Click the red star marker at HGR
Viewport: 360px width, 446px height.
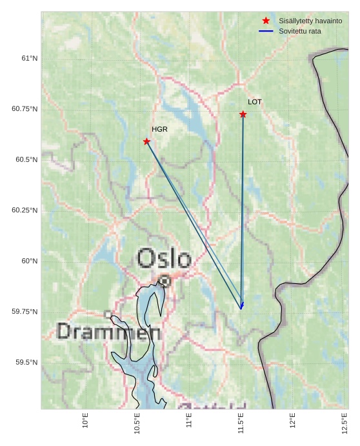[x=146, y=141]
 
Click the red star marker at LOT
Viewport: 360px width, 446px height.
[x=243, y=114]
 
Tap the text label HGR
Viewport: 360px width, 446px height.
[x=159, y=129]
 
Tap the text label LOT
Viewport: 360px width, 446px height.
[x=255, y=102]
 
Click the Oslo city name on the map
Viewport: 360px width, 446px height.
[x=164, y=259]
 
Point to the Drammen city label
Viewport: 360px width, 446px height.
[x=108, y=332]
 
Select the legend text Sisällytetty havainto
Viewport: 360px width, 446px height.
[x=310, y=21]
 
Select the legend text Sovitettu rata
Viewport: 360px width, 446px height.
[x=300, y=31]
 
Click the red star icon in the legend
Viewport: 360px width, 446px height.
[x=266, y=21]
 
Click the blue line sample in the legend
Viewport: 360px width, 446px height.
[x=266, y=31]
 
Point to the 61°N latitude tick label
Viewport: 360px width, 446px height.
[x=29, y=58]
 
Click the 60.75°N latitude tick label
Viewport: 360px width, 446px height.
[x=25, y=109]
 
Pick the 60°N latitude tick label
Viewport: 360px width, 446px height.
[x=29, y=261]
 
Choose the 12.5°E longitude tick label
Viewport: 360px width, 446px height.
[x=345, y=423]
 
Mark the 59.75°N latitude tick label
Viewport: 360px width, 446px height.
[x=25, y=312]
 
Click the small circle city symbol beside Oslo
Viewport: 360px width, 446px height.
[x=165, y=281]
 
